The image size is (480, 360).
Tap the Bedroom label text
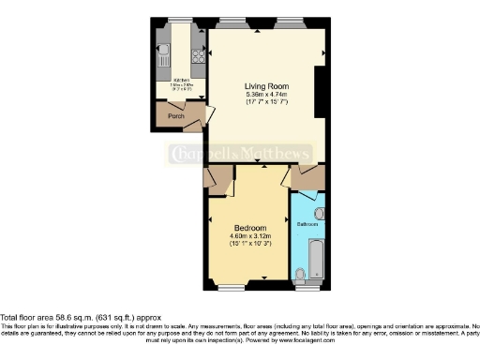click(250, 228)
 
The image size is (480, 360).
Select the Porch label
click(175, 117)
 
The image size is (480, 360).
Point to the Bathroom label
click(308, 225)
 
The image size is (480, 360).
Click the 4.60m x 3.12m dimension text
click(250, 236)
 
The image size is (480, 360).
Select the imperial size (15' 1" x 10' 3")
click(250, 244)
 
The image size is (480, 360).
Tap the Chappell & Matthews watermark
click(239, 154)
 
